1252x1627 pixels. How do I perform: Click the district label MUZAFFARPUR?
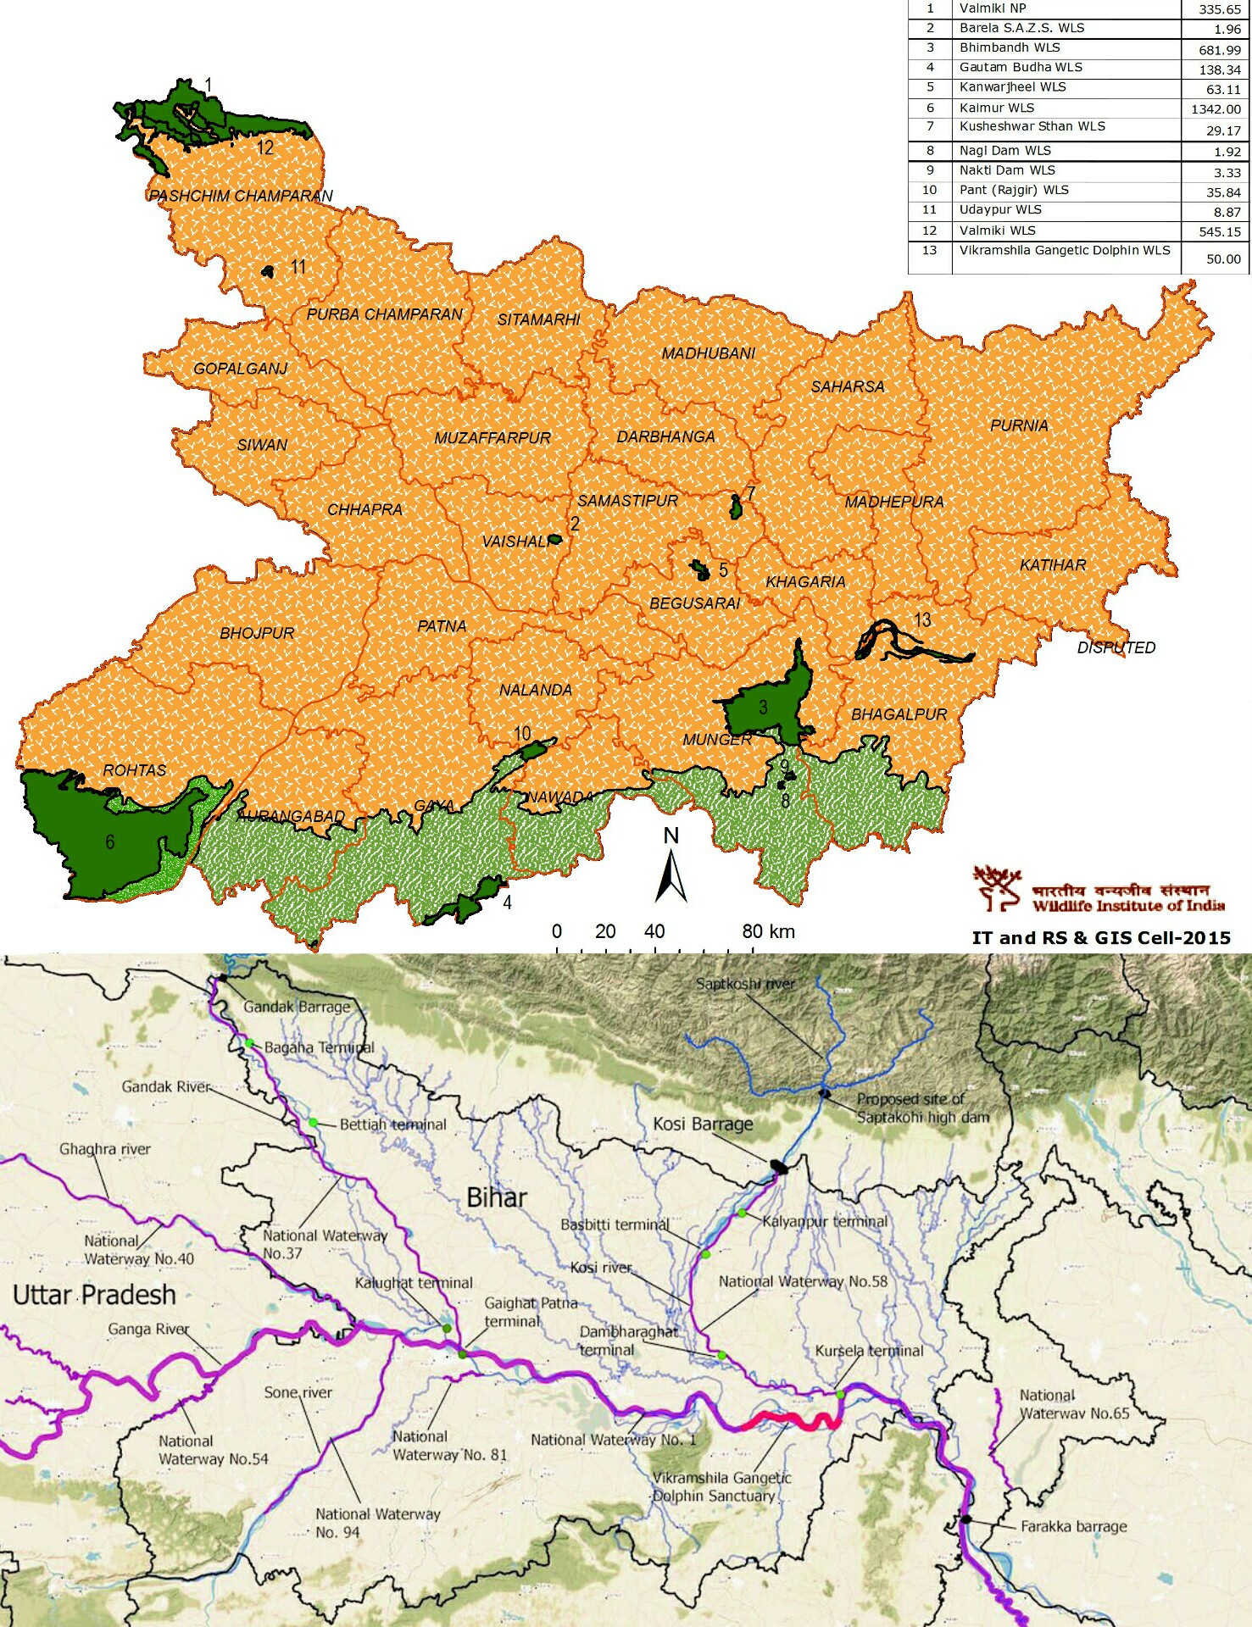tap(492, 438)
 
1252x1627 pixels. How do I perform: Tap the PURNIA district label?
tap(1019, 425)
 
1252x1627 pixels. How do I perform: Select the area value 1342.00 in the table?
tap(1216, 109)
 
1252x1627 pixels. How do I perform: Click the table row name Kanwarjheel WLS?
tap(1012, 87)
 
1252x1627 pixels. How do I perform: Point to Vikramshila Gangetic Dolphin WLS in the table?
tap(1064, 251)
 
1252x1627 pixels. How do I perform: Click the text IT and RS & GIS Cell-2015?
tap(1100, 937)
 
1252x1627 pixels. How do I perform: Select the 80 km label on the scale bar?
tap(768, 931)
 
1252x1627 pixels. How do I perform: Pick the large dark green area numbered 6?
tap(102, 839)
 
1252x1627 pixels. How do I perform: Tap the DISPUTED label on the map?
tap(1116, 647)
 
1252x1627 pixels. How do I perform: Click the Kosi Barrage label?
tap(703, 1124)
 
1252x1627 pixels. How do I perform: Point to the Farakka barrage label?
tap(1073, 1526)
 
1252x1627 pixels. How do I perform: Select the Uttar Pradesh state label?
tap(94, 1295)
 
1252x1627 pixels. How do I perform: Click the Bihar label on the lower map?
tap(497, 1197)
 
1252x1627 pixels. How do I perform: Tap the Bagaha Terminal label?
tap(319, 1047)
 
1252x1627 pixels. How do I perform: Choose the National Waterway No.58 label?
tap(803, 1281)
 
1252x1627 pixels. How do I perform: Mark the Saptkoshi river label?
tap(745, 984)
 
